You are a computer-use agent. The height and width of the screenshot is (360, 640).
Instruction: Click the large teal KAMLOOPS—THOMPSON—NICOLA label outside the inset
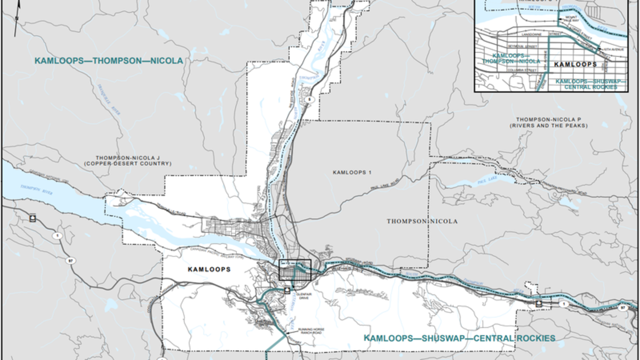click(109, 61)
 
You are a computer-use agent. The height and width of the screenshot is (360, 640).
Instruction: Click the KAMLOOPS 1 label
click(352, 172)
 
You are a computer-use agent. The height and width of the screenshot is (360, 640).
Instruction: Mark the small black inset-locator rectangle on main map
click(295, 270)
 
